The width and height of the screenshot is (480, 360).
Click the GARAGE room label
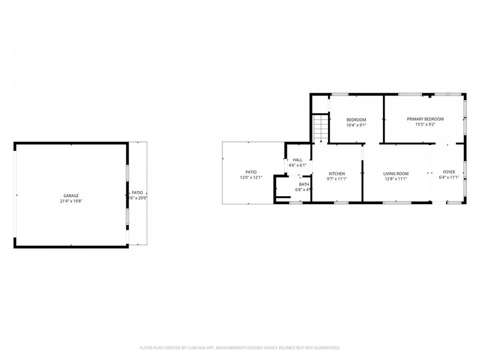click(x=71, y=196)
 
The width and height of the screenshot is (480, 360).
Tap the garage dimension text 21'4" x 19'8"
click(x=71, y=202)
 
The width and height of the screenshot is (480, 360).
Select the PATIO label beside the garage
click(x=138, y=193)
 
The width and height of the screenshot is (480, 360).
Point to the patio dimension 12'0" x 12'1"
click(x=251, y=178)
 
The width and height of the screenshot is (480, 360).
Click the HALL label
click(x=297, y=159)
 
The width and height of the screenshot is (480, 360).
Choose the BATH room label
click(x=303, y=184)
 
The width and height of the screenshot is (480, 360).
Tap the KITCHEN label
click(x=337, y=173)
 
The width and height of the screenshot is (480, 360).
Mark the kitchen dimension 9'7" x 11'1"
click(x=337, y=179)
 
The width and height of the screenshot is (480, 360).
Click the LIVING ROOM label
click(x=396, y=173)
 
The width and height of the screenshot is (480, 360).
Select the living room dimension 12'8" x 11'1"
click(x=396, y=179)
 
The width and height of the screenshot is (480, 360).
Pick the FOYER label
click(x=449, y=172)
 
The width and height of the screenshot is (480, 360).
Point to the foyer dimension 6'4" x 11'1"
click(x=449, y=178)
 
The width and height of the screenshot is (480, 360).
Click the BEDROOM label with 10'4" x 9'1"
click(x=356, y=119)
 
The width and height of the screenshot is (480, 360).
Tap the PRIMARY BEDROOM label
click(x=425, y=119)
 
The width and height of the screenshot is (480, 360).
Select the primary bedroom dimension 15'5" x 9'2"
click(x=425, y=125)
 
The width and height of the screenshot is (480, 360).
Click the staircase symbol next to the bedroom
click(x=319, y=128)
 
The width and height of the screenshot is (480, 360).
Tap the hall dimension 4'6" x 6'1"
click(x=297, y=165)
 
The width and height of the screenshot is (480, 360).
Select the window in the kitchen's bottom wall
click(x=341, y=203)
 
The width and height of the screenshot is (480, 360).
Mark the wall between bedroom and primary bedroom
click(x=383, y=118)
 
